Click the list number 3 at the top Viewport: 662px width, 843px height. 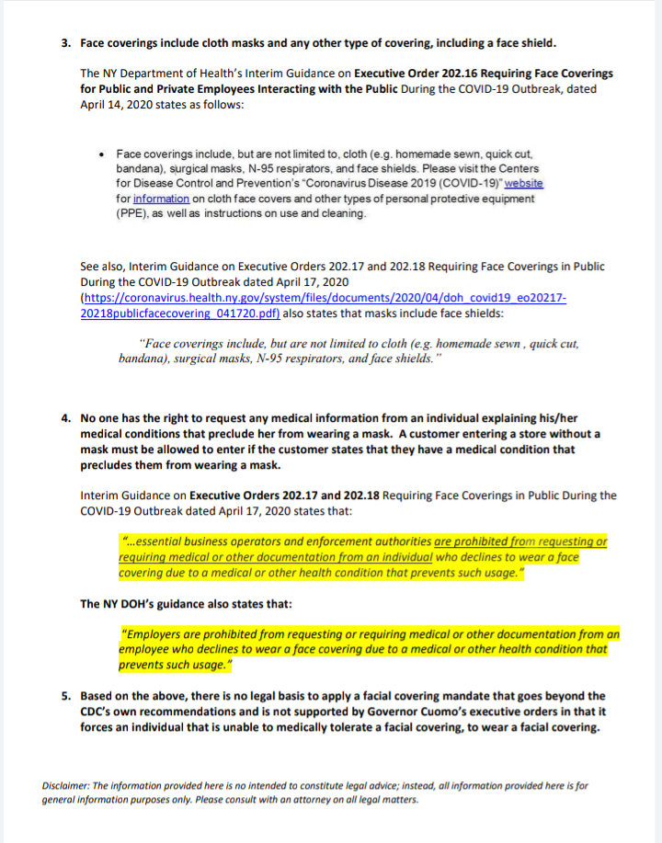tap(65, 42)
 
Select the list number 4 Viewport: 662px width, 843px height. tap(65, 417)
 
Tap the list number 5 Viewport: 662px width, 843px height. tap(65, 696)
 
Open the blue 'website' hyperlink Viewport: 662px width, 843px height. tap(524, 183)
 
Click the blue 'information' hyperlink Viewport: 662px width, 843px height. tap(161, 198)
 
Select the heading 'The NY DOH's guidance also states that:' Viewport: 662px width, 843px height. tap(188, 604)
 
